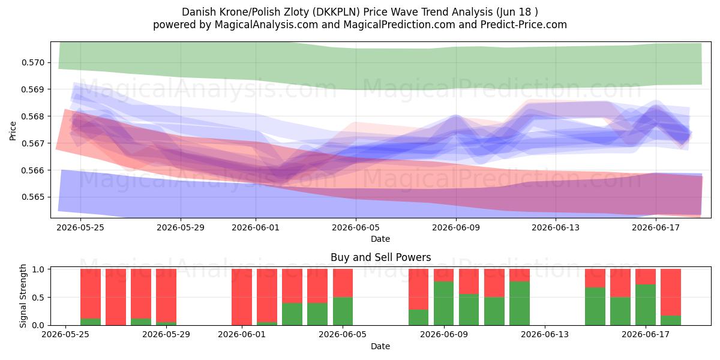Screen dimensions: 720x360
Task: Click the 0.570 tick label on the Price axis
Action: coord(32,62)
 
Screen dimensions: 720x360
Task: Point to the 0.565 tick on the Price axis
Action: coord(32,197)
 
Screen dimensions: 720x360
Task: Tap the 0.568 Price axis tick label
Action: coord(32,116)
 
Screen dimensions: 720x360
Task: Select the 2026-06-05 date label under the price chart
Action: coord(355,227)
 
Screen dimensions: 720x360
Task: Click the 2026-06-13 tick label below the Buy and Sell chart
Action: coord(545,334)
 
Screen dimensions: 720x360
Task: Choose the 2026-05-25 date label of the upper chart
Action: coord(80,227)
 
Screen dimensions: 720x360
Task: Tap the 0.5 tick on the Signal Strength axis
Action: coord(38,298)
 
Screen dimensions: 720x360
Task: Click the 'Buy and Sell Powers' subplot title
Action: coord(380,257)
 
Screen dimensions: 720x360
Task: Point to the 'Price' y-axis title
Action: coord(13,131)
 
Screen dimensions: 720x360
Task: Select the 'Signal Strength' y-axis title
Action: coord(23,296)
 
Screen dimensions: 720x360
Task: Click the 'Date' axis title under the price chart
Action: coord(380,239)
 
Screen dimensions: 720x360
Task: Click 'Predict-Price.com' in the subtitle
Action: coord(524,25)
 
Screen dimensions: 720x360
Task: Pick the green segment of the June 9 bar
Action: coord(443,303)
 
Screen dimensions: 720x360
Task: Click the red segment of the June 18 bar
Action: coord(671,292)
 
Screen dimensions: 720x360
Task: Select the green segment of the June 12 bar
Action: coord(520,303)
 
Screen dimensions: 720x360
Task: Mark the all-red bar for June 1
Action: coord(242,297)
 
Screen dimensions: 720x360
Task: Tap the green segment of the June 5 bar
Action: coord(343,311)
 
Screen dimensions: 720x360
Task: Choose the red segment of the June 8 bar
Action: coord(419,289)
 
